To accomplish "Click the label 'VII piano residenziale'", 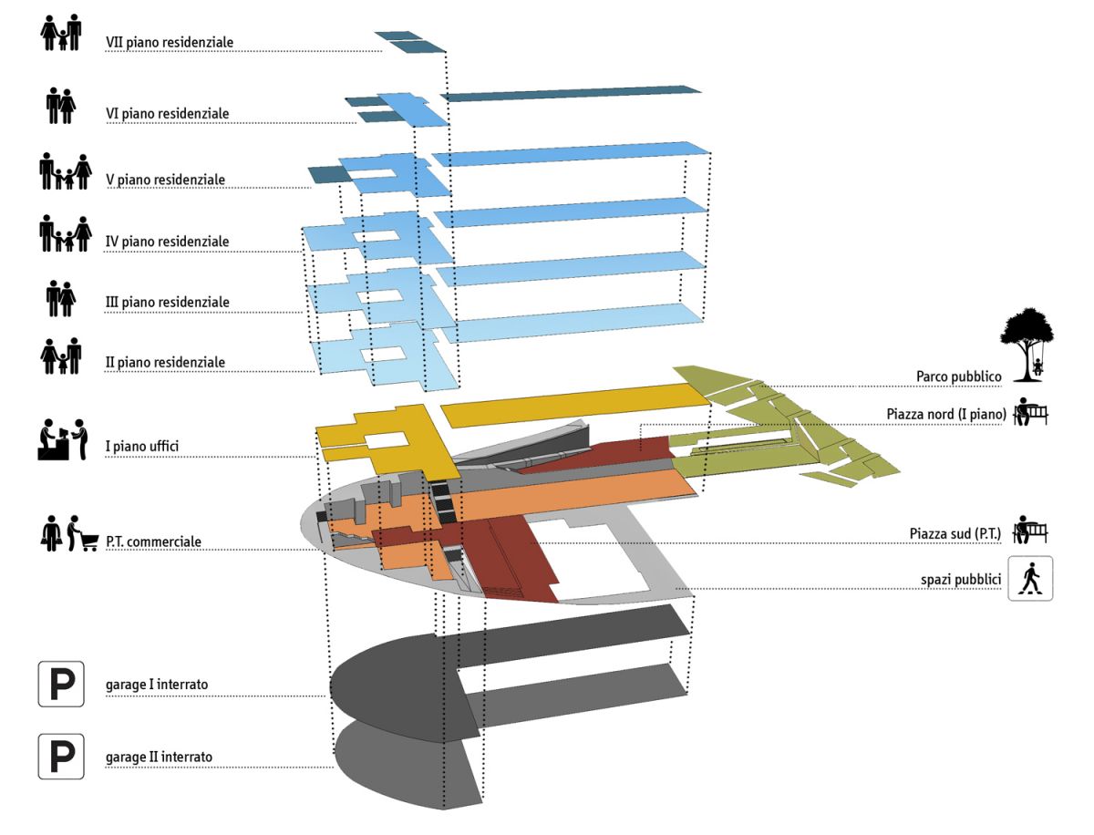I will click(x=170, y=42).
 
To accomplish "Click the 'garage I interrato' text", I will click(x=159, y=684).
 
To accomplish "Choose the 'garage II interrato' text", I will click(x=160, y=757).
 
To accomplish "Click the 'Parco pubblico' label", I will click(x=958, y=376).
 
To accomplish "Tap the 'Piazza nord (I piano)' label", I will click(x=945, y=414).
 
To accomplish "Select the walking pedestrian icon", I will click(x=1030, y=578).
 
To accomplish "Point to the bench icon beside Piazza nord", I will click(x=1030, y=412).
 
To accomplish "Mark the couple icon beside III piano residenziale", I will click(x=61, y=298).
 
